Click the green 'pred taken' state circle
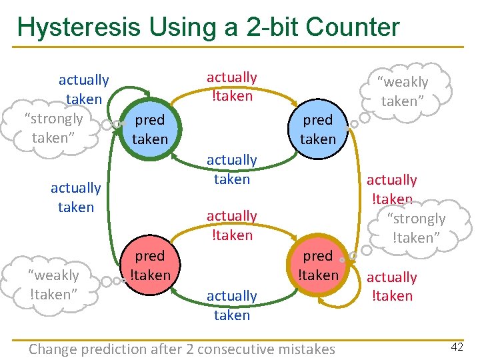[149, 129]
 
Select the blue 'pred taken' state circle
[317, 129]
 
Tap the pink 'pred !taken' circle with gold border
[318, 265]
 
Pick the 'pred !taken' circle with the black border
[149, 265]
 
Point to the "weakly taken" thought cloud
[404, 91]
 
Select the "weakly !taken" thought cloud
[53, 284]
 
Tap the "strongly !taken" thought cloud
[418, 227]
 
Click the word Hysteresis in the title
[79, 27]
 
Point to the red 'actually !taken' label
[392, 189]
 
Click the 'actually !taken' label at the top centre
[232, 87]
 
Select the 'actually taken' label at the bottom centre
[232, 305]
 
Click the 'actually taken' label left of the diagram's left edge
[75, 197]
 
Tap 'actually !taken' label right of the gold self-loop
[392, 286]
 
